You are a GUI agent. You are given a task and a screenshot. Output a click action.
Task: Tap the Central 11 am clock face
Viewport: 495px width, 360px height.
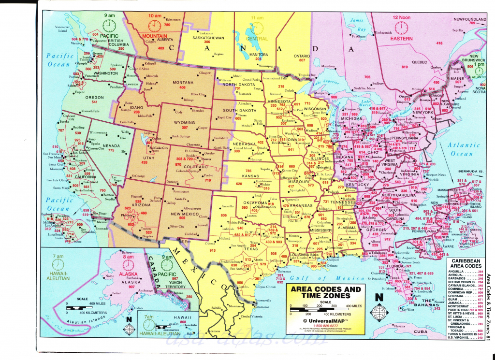coord(258,27)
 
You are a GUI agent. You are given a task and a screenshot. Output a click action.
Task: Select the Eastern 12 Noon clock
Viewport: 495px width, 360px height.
coord(401,27)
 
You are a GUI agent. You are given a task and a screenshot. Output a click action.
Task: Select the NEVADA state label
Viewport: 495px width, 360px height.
coord(111,145)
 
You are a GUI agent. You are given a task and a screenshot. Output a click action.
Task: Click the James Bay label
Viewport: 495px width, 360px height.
coord(357,24)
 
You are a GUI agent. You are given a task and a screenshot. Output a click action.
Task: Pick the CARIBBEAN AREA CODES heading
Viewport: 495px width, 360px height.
coord(464,262)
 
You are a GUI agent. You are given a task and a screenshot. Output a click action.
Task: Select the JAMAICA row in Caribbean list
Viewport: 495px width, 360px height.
coord(458,303)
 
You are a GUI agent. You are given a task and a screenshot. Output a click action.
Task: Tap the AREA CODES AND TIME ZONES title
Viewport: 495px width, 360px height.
coord(324,292)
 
